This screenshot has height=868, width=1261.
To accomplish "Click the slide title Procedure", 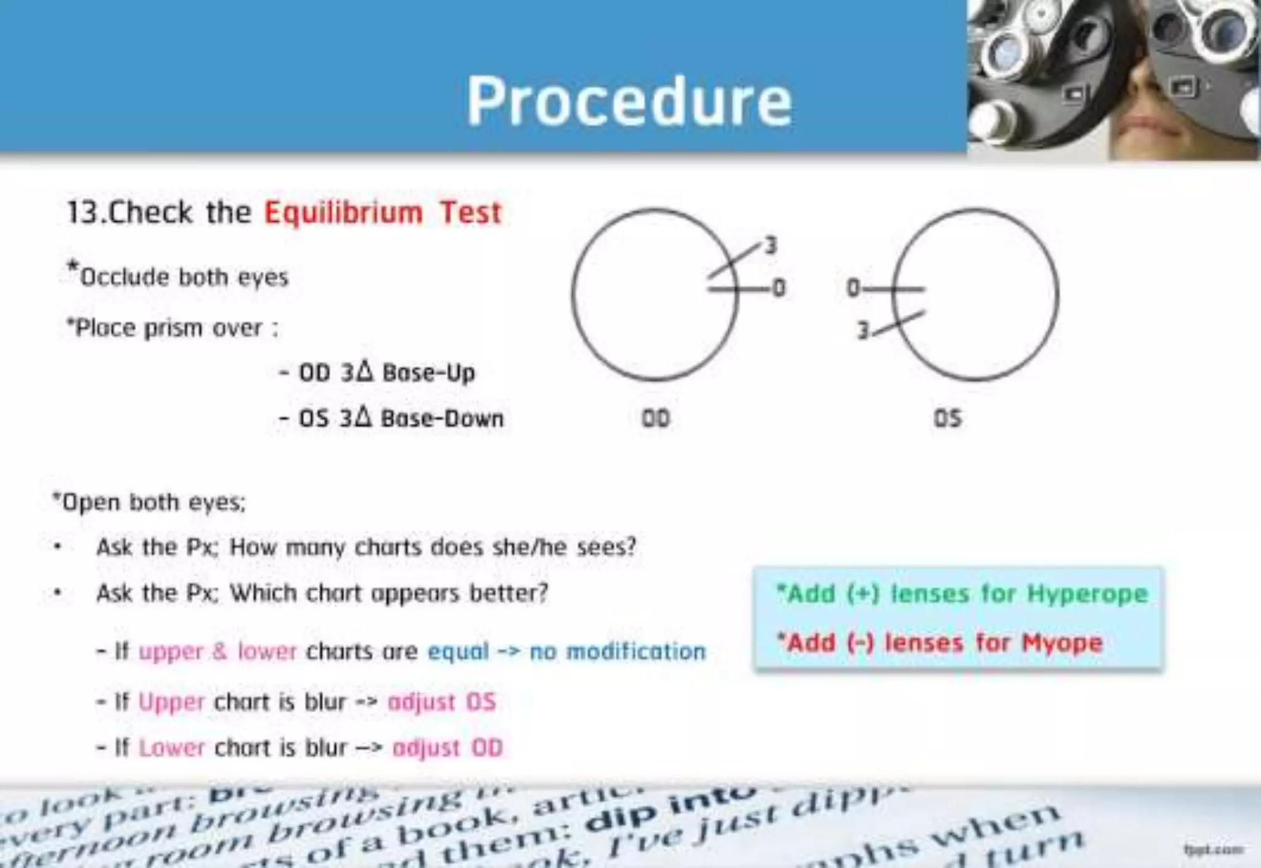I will click(629, 102).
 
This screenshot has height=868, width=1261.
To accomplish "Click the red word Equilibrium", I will click(344, 213).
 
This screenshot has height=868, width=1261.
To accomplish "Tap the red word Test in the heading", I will click(471, 213).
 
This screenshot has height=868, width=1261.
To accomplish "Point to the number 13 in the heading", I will click(82, 213).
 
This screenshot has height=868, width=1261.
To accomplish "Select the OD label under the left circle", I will click(656, 419).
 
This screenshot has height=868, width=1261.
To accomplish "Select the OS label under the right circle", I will click(948, 419).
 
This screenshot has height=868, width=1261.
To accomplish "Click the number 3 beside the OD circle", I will click(771, 246).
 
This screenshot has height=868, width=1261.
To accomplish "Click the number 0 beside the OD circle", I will click(779, 288).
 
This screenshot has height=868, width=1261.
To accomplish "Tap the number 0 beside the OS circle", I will click(853, 288).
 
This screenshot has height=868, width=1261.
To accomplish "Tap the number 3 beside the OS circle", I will click(863, 331).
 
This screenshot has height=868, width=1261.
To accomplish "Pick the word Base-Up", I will click(429, 373).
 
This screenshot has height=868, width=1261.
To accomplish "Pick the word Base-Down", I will click(442, 419).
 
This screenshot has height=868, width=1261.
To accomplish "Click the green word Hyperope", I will click(1087, 594).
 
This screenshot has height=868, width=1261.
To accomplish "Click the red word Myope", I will click(1062, 643).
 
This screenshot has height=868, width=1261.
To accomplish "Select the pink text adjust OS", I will click(441, 702).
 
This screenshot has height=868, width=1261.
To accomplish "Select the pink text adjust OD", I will click(448, 748).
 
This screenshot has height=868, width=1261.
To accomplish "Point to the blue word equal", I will click(458, 652).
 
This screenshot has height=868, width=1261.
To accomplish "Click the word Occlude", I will click(124, 277).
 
